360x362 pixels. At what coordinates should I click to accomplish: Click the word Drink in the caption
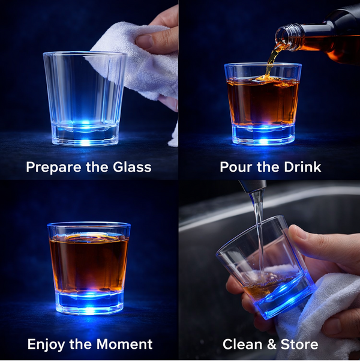click(302, 167)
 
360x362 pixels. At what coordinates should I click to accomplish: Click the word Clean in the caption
click(241, 345)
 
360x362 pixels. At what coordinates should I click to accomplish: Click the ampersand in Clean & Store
click(271, 345)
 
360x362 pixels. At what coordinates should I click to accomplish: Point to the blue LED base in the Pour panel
click(262, 133)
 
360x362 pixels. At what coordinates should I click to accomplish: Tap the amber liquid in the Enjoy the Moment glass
click(89, 261)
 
